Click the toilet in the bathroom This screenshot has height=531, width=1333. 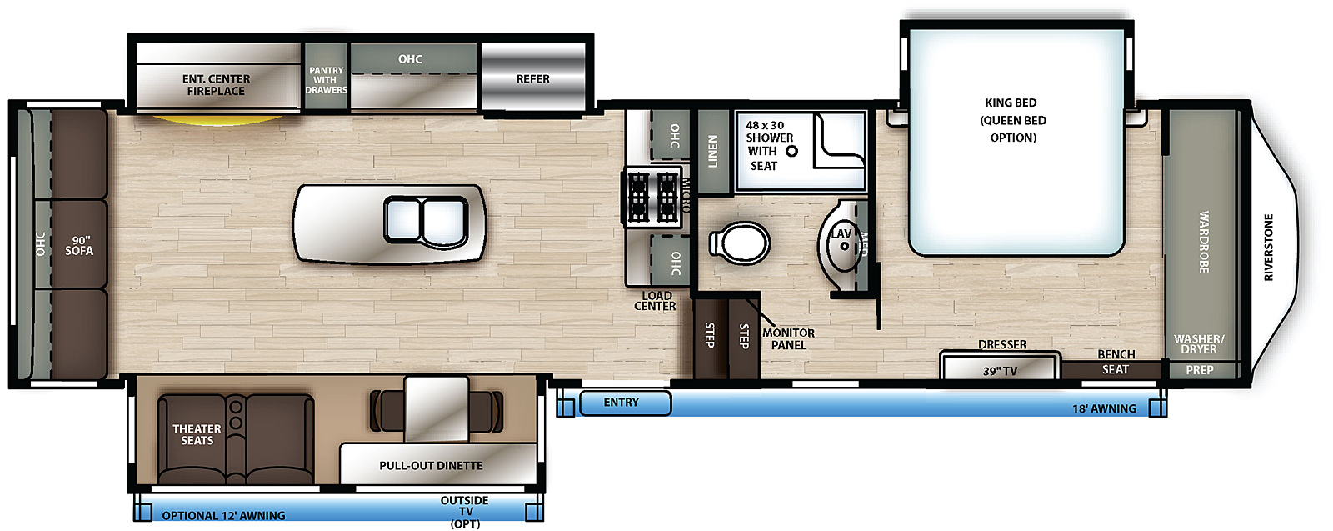[739, 243]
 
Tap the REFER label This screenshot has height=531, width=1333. [532, 79]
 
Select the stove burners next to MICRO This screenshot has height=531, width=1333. [652, 196]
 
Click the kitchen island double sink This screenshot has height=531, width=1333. [426, 221]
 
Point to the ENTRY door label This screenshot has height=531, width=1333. [621, 403]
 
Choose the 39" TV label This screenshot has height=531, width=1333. [1000, 371]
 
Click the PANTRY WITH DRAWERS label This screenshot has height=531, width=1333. [326, 80]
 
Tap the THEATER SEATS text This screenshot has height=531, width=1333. [197, 434]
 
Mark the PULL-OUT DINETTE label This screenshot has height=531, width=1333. [431, 465]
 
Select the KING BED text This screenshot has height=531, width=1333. [1011, 103]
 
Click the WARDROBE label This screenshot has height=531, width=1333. [1204, 242]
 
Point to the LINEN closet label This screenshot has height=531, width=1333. [712, 151]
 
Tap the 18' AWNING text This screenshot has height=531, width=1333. [1104, 408]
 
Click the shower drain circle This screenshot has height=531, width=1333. [791, 151]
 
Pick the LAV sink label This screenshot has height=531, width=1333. [841, 233]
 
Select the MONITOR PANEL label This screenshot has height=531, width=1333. [788, 338]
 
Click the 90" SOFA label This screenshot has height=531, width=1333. [79, 245]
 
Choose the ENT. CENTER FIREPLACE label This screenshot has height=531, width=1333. [216, 85]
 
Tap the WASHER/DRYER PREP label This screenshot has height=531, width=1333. [1199, 354]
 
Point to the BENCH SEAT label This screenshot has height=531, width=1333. [1116, 362]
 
